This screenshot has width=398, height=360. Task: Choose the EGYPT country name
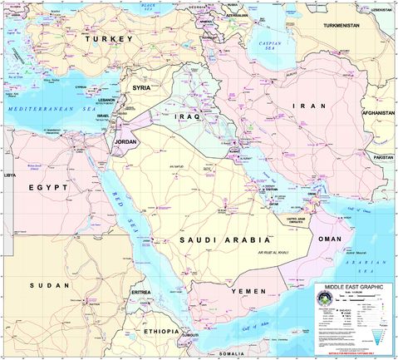click(x=49, y=188)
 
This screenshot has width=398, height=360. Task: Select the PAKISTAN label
click(x=383, y=156)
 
